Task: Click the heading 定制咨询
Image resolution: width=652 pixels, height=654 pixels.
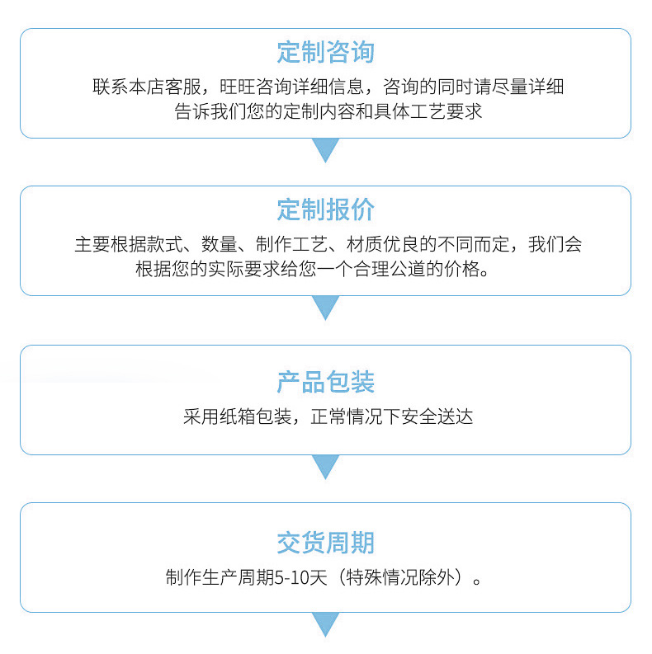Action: click(x=326, y=52)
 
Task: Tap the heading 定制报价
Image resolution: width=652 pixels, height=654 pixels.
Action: click(x=326, y=209)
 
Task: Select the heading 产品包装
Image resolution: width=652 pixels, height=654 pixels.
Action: click(x=326, y=382)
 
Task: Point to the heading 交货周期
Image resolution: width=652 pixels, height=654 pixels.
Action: click(x=326, y=543)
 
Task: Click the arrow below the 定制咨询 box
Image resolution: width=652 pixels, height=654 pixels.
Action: click(x=326, y=150)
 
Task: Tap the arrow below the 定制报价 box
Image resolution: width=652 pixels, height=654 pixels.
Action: click(x=326, y=308)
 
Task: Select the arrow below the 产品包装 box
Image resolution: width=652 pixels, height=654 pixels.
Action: click(x=326, y=467)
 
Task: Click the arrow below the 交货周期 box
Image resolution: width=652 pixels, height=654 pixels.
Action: click(x=326, y=624)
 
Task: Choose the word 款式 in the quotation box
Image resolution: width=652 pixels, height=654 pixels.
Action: click(x=165, y=245)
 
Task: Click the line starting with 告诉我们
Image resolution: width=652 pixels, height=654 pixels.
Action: click(x=328, y=111)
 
